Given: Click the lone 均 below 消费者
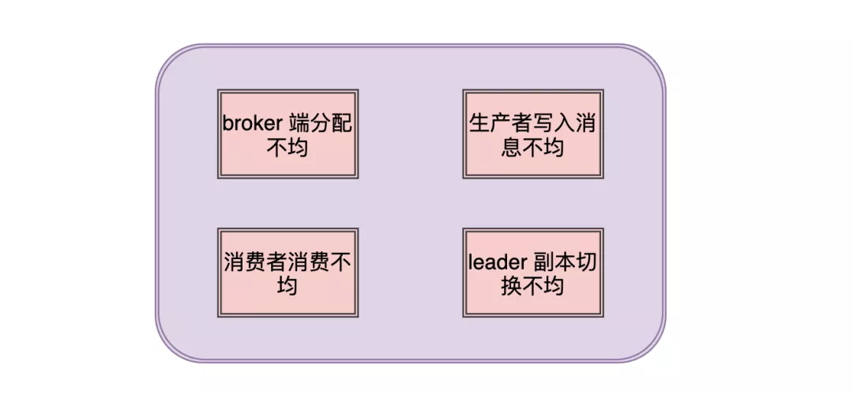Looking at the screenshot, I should (x=287, y=285).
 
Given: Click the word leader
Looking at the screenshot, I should (x=494, y=263).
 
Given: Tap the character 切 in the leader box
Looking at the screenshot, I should (x=585, y=263).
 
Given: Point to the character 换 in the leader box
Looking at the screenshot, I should (x=512, y=285).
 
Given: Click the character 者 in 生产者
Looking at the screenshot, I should (x=522, y=124).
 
